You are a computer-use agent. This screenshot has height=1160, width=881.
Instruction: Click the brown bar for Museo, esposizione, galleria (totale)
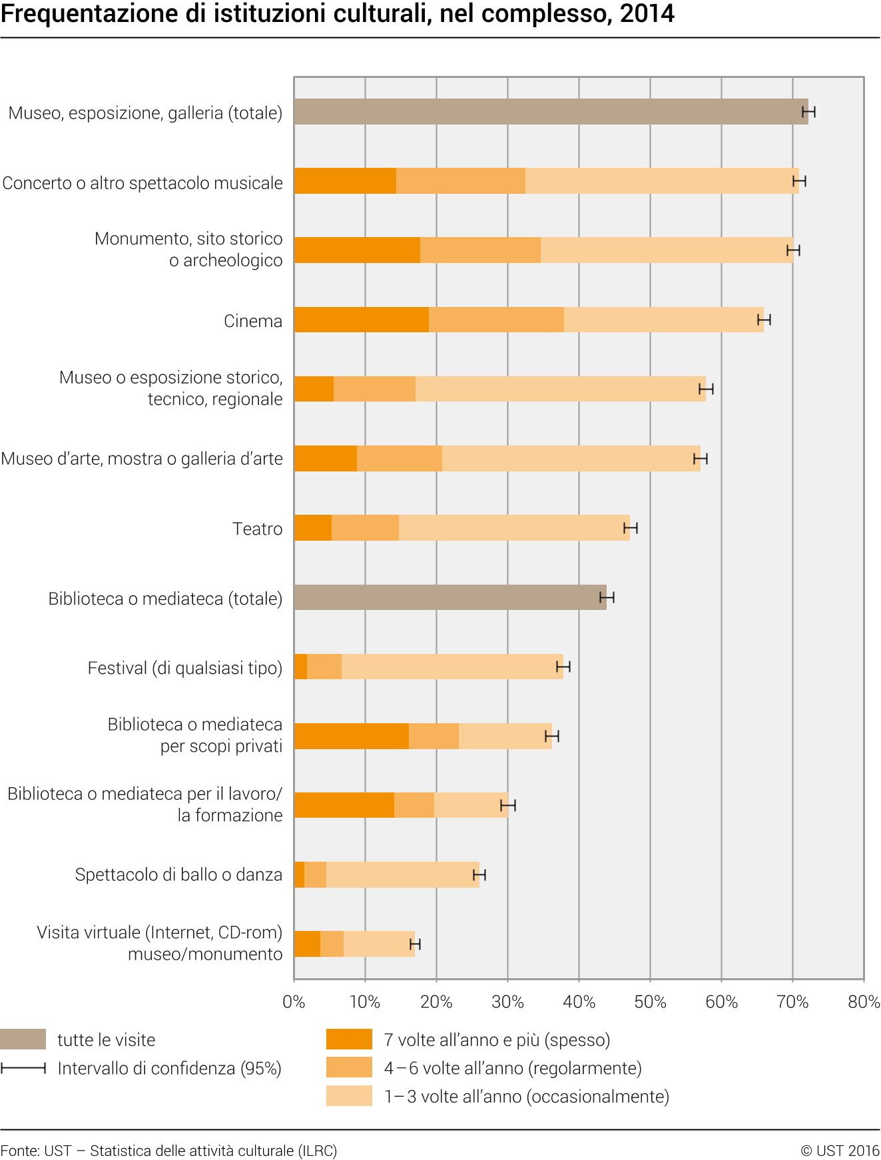[x=551, y=112]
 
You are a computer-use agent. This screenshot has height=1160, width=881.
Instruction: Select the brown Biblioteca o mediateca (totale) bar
[x=450, y=597]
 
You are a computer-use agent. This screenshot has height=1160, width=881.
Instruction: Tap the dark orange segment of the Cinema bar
[x=362, y=320]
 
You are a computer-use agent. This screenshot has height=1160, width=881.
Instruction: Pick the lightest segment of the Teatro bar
[x=514, y=528]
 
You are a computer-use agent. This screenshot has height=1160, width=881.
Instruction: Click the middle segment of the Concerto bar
[x=461, y=181]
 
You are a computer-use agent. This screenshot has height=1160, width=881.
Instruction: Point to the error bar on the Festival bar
[x=563, y=667]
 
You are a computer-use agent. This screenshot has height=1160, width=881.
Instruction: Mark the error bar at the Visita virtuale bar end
[x=415, y=944]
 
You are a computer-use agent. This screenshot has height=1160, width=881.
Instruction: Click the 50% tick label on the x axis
[x=650, y=1002]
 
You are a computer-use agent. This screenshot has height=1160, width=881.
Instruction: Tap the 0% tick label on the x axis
[x=294, y=1002]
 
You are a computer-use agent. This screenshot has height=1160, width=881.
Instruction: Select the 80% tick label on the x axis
[x=864, y=1002]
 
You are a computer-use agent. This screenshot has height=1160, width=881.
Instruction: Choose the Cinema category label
[x=253, y=321]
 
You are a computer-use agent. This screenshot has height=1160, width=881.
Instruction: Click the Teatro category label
[x=258, y=529]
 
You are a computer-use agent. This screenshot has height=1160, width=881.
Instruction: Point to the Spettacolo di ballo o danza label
[x=178, y=874]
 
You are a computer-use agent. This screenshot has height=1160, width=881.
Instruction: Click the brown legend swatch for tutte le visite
[x=23, y=1039]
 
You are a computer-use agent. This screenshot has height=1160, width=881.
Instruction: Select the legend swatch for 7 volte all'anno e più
[x=349, y=1039]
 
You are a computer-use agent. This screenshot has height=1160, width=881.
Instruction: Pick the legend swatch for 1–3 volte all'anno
[x=349, y=1096]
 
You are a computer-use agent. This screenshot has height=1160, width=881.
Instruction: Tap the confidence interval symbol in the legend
[x=23, y=1068]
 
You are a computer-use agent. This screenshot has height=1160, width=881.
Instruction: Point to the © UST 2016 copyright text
[x=840, y=1151]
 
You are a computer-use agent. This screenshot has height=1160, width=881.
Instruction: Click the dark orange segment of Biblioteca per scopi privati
[x=352, y=736]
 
